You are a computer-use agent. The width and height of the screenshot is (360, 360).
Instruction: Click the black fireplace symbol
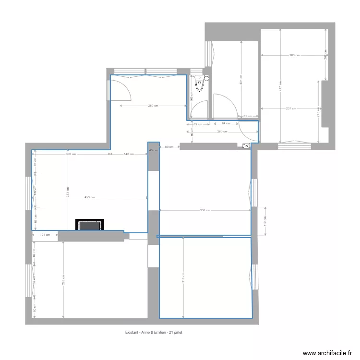coord(90,225)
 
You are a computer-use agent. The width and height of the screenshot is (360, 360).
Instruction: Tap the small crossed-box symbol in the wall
coord(246,146)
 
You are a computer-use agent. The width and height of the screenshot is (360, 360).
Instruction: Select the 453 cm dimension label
coord(89,197)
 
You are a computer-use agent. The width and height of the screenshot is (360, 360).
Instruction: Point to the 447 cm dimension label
coord(280,86)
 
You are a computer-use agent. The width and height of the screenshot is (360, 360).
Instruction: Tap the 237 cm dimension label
coord(291,108)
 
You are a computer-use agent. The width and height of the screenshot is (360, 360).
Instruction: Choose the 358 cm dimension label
coord(205,210)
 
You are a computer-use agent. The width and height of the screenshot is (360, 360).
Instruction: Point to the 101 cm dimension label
coord(45,235)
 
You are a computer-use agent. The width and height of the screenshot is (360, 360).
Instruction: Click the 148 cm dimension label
coord(129,154)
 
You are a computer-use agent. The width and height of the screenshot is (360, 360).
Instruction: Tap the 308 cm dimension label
coord(71,154)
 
